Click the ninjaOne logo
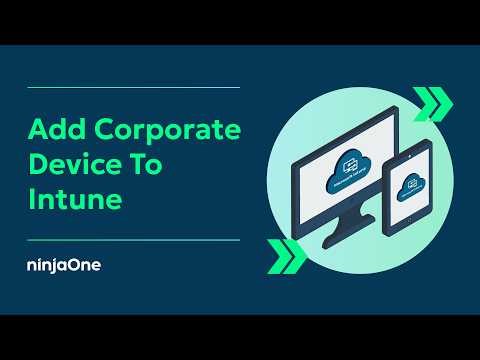[x=65, y=265]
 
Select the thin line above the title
[x=133, y=88]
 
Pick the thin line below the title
[x=133, y=240]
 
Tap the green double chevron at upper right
[x=433, y=103]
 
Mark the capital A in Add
[x=37, y=130]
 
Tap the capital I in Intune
[x=31, y=199]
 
